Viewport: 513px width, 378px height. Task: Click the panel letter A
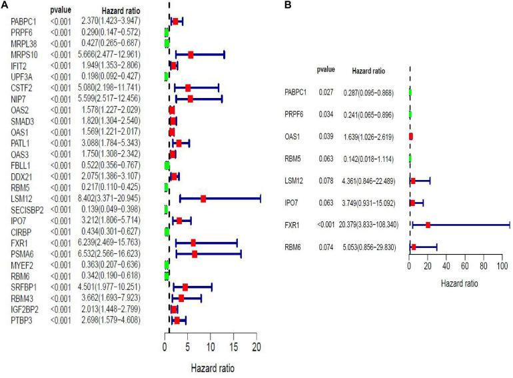point(5,6)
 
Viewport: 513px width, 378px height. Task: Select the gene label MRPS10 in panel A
point(24,54)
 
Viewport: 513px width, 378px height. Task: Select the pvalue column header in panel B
point(326,69)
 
